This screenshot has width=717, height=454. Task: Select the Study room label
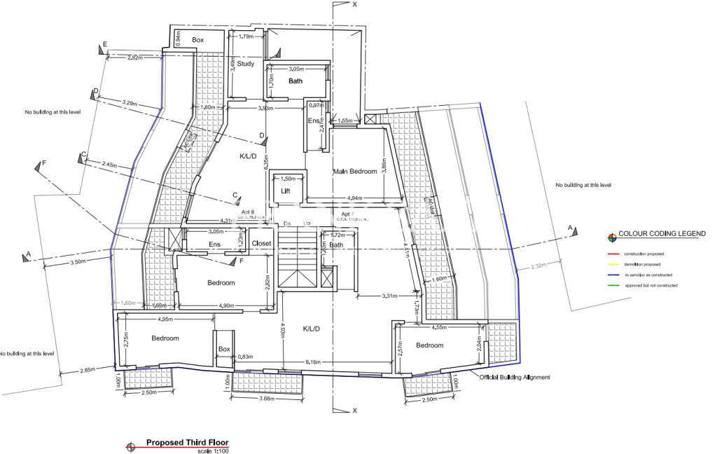(245, 64)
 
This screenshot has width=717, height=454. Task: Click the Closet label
(261, 244)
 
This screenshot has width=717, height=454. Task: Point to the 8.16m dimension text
(314, 362)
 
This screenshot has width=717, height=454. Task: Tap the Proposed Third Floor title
(187, 443)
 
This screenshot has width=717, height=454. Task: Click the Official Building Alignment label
(515, 377)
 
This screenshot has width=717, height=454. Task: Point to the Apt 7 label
(347, 213)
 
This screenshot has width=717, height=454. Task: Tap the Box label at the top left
(198, 40)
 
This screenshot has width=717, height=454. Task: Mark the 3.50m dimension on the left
(78, 261)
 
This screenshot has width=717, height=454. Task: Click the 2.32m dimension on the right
(538, 266)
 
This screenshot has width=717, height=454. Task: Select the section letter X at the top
(355, 4)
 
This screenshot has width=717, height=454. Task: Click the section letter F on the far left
(44, 163)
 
